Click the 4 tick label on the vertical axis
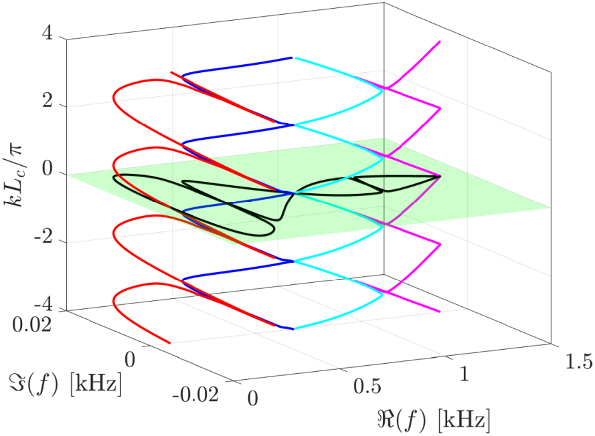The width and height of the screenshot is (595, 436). pos(48,34)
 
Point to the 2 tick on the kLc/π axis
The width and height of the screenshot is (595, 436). pos(48,101)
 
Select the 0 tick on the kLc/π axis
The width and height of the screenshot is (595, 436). pos(48,169)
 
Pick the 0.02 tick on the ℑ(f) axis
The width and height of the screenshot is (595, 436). pos(32,325)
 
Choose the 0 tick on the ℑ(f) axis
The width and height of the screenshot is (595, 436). pos(130,359)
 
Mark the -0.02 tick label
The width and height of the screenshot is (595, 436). pos(195,395)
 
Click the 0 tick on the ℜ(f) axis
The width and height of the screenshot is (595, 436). pos(253,399)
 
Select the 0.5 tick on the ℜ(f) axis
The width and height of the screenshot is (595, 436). pos(367,387)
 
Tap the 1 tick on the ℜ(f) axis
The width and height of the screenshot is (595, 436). pos(464,374)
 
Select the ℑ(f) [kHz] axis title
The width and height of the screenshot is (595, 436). pos(66,385)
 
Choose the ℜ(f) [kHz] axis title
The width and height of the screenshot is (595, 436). pos(434,421)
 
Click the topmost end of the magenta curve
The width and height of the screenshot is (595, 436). pos(440,41)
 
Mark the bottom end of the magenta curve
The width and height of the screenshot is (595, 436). pos(440,312)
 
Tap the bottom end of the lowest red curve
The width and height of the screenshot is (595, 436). pos(169,343)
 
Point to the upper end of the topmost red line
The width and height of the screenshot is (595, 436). pos(171,72)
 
